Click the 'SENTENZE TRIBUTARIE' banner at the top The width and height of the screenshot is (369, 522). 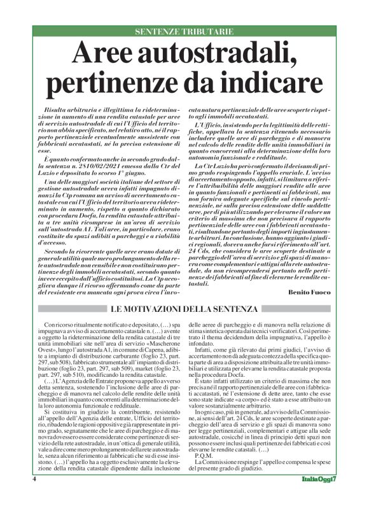(184, 32)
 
